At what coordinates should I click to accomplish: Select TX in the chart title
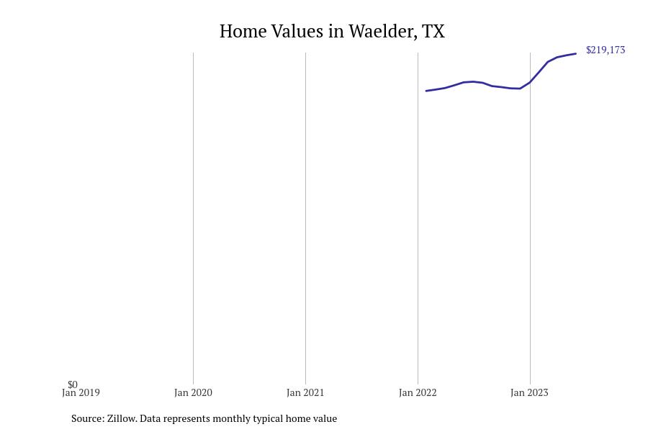(433, 32)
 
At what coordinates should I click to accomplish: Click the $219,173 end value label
(606, 50)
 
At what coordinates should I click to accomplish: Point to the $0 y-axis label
(73, 384)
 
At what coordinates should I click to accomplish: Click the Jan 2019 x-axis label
(81, 393)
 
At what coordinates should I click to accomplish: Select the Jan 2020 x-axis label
(193, 393)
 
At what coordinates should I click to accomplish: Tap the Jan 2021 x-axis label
(305, 393)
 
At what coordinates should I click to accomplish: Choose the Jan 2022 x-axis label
(418, 393)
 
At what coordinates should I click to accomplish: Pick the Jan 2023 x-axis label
(529, 393)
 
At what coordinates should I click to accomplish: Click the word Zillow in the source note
(122, 418)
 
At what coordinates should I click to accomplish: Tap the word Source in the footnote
(87, 418)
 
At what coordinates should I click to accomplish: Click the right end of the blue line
(575, 54)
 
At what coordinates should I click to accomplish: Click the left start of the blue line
(426, 91)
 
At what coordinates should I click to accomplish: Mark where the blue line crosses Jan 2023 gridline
(530, 82)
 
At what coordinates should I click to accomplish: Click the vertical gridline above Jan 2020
(193, 216)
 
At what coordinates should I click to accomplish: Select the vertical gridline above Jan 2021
(305, 216)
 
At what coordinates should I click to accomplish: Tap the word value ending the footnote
(324, 418)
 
